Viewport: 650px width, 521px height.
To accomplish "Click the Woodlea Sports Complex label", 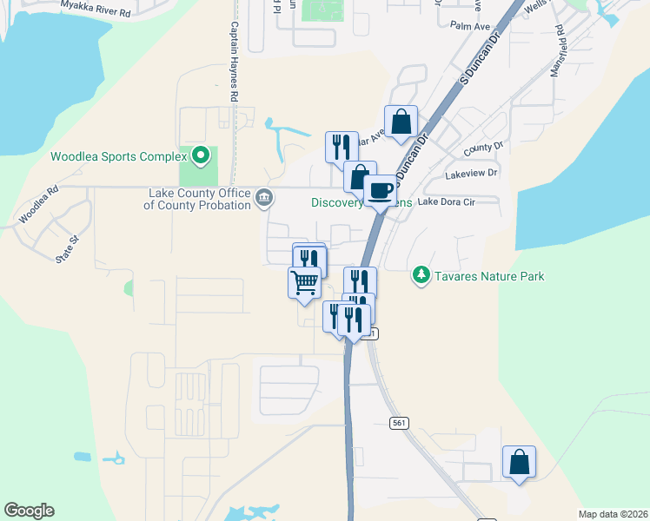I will [x=119, y=157].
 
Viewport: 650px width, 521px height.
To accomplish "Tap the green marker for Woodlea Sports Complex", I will [x=202, y=156].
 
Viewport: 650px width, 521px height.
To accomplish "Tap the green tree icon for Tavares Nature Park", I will [x=421, y=275].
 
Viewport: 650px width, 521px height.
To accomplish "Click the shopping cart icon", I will [x=304, y=281].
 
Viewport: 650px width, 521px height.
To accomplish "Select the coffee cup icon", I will [x=380, y=190].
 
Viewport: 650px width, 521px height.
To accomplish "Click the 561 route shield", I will [x=399, y=422].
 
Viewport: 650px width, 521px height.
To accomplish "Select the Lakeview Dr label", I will [x=471, y=174].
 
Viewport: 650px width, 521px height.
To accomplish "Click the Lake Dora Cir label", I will [x=446, y=201].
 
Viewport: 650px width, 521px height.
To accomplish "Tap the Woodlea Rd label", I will [x=39, y=203].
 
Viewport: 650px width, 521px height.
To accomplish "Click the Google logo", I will [x=29, y=511].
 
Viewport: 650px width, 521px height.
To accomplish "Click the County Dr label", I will [x=483, y=148].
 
